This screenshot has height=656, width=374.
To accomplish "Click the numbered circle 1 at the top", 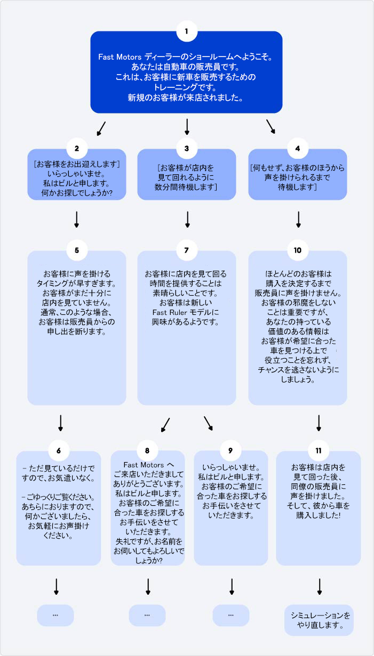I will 186,31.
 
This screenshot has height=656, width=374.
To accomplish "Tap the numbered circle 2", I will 77,149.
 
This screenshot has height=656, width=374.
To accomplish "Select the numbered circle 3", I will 187,149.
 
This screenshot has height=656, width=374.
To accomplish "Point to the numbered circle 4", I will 298,149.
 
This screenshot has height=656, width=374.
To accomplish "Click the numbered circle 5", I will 77,249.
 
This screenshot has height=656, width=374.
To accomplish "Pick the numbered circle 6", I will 59,450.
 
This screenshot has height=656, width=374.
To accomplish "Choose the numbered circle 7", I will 187,249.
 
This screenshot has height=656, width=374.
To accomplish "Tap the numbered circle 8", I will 148,450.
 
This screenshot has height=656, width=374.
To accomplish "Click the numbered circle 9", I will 230,450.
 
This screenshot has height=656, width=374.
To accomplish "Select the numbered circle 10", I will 298,249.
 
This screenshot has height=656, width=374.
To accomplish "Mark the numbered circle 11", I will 319,450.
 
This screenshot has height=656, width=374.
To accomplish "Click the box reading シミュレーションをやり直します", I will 319,620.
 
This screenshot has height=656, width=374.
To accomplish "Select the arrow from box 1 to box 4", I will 270,126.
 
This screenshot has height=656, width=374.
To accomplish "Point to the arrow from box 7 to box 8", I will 165,424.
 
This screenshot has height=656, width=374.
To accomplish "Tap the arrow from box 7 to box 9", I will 209,423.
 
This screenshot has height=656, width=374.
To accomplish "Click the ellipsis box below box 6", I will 55,615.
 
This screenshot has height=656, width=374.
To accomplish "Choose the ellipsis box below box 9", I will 230,615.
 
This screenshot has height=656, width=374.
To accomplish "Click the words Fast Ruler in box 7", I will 168,311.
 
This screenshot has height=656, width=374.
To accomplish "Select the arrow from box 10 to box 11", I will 319,423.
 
